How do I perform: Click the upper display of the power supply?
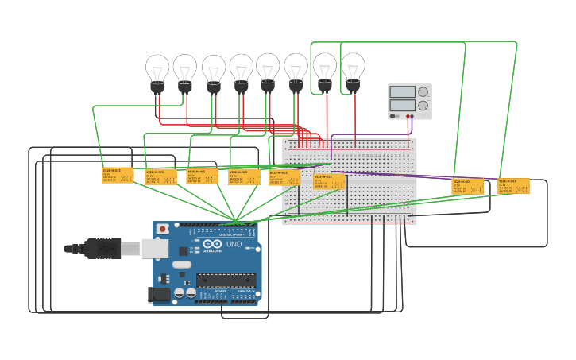pos(402,92)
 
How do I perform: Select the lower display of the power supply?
pos(402,105)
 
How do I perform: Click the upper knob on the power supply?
pos(423,92)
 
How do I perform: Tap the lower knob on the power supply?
pos(423,105)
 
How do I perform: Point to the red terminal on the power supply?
pos(408,117)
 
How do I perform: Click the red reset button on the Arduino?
pos(163,229)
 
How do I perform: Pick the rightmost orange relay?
pos(513,186)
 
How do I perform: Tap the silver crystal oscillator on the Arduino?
pos(182,264)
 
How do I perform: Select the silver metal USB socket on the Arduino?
pos(156,249)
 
